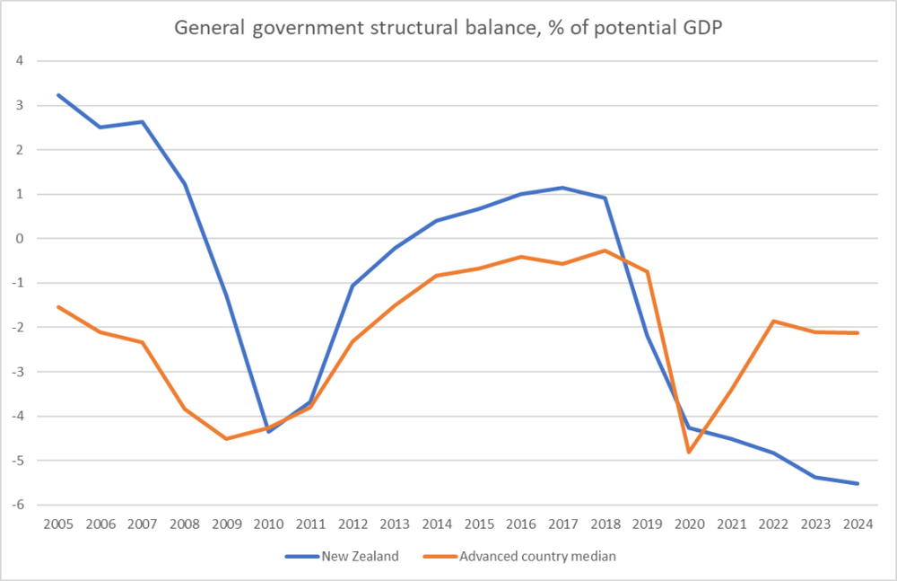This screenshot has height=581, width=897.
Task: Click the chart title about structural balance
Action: pyautogui.click(x=448, y=27)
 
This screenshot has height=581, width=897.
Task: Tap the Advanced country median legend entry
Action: pyautogui.click(x=537, y=557)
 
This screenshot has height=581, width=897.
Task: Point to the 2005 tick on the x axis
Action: pyautogui.click(x=58, y=523)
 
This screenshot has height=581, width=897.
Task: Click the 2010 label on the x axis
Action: pyautogui.click(x=268, y=523)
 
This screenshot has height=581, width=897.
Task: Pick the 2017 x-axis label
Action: pyautogui.click(x=562, y=523)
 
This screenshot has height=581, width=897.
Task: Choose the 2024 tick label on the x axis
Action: pyautogui.click(x=858, y=523)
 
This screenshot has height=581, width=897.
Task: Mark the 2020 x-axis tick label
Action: pyautogui.click(x=689, y=523)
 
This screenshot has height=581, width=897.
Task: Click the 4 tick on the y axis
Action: pyautogui.click(x=16, y=61)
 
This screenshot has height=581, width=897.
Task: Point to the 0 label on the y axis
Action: pyautogui.click(x=16, y=239)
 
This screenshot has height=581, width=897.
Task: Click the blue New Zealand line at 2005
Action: pyautogui.click(x=58, y=95)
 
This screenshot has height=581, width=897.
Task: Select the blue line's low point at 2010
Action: pyautogui.click(x=268, y=432)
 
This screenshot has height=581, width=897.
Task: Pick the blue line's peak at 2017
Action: pyautogui.click(x=562, y=188)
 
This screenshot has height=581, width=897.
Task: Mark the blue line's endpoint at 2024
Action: pyautogui.click(x=858, y=483)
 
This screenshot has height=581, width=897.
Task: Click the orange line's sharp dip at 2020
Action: pyautogui.click(x=689, y=452)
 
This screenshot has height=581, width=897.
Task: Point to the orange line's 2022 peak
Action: pyautogui.click(x=773, y=321)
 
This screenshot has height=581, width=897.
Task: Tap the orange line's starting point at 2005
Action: pyautogui.click(x=58, y=307)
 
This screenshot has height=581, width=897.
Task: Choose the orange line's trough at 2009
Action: pyautogui.click(x=226, y=438)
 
